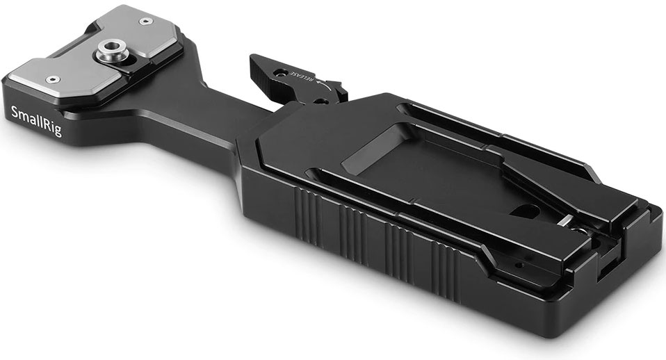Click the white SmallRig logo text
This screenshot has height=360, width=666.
coord(37,121)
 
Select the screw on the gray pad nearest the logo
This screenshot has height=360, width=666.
coord(53,79)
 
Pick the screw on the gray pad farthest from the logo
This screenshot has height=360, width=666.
coord(147,20)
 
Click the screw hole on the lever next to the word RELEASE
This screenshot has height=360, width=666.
coord(279,72)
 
